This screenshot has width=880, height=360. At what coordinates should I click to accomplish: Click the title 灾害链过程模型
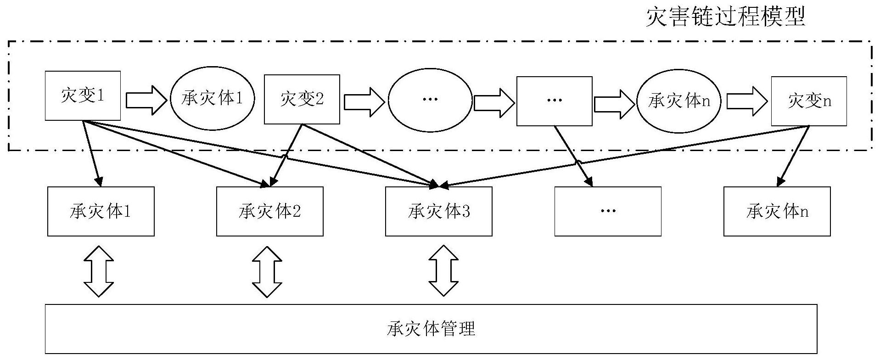click(725, 17)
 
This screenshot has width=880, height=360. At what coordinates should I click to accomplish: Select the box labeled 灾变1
click(83, 96)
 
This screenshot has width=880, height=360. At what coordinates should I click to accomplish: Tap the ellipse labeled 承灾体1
click(212, 99)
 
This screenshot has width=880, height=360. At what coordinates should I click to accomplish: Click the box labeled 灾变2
click(302, 99)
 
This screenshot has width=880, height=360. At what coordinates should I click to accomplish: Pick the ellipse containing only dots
click(430, 100)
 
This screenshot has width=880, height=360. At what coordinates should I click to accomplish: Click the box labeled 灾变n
click(809, 101)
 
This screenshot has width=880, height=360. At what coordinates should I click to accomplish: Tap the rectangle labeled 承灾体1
click(101, 211)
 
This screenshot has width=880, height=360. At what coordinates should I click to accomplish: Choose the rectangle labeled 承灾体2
click(270, 211)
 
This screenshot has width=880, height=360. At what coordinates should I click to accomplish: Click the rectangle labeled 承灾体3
click(439, 211)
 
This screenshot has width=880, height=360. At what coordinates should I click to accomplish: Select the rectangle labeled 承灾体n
click(777, 211)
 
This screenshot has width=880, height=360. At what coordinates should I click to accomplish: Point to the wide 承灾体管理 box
click(431, 329)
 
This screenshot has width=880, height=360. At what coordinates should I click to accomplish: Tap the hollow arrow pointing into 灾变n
click(747, 101)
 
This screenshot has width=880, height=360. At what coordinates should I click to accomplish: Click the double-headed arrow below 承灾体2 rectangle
click(267, 271)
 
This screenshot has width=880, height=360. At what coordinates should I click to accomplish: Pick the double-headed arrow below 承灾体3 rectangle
click(443, 270)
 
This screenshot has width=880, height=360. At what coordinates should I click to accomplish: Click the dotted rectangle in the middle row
click(608, 211)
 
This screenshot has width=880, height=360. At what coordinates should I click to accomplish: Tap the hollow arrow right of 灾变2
click(364, 100)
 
